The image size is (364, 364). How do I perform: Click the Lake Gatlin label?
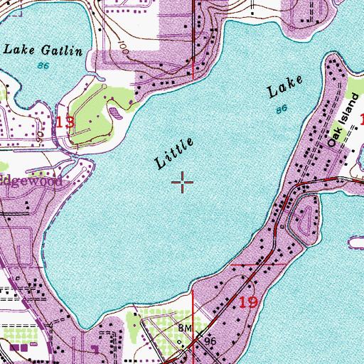(43, 50)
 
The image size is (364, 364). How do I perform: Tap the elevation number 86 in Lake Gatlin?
(44, 65)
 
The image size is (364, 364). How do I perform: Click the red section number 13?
(65, 123)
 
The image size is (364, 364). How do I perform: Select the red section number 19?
(248, 302)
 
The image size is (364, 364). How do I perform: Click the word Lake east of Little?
(286, 86)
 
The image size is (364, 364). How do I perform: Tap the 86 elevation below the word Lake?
(282, 109)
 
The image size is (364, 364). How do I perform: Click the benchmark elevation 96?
(210, 341)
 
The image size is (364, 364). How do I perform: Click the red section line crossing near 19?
(259, 263)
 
